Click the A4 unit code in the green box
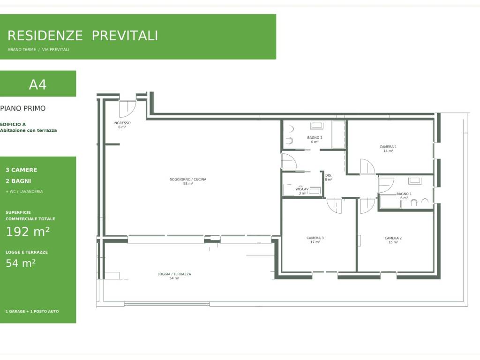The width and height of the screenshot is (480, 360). pyautogui.click(x=37, y=84)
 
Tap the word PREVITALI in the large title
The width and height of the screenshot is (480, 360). pyautogui.click(x=125, y=36)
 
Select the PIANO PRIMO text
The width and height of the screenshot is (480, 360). pyautogui.click(x=22, y=108)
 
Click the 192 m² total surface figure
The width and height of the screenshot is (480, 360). pyautogui.click(x=28, y=232)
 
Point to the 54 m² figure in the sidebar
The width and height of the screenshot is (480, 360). pyautogui.click(x=21, y=263)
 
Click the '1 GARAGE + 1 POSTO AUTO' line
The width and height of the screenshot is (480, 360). pyautogui.click(x=32, y=311)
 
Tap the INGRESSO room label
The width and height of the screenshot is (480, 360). pyautogui.click(x=122, y=123)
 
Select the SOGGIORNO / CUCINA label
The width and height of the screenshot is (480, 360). pyautogui.click(x=188, y=180)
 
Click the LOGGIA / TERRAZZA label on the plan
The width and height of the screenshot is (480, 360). pyautogui.click(x=174, y=274)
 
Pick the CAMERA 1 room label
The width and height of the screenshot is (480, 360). pyautogui.click(x=388, y=147)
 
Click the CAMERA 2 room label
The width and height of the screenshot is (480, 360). pyautogui.click(x=393, y=238)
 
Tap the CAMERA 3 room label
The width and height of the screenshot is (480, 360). pyautogui.click(x=315, y=238)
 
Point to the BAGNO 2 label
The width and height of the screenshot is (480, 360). pyautogui.click(x=315, y=138)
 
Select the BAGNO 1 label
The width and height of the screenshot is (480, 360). pyautogui.click(x=404, y=194)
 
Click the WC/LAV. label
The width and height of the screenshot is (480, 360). pyautogui.click(x=302, y=189)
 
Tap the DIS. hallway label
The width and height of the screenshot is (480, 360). pyautogui.click(x=329, y=175)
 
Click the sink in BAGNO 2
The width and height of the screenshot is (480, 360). pyautogui.click(x=316, y=126)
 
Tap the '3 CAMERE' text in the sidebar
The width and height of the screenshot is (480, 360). pyautogui.click(x=22, y=170)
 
